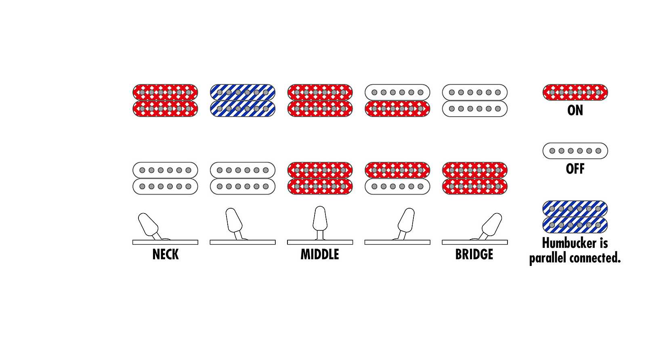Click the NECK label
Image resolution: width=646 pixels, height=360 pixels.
165,254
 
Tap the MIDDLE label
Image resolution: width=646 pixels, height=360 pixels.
320,254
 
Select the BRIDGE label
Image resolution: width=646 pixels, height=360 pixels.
474,254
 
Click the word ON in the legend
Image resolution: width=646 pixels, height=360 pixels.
575,111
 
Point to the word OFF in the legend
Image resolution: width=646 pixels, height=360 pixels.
575,169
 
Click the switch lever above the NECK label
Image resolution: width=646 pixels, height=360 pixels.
149,226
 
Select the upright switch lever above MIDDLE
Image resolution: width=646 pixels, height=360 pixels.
320,222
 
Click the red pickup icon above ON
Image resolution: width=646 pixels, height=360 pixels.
575,92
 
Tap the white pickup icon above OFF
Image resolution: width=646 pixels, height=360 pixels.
575,151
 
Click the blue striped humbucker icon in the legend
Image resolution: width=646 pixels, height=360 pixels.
575,217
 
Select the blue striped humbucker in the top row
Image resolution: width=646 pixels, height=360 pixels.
243,100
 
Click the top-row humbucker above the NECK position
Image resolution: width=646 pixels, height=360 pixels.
165,100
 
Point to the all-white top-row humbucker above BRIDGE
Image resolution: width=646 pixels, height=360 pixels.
475,100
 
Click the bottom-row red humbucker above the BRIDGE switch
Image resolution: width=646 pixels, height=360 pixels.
475,178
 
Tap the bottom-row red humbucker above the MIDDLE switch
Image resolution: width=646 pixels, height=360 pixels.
320,178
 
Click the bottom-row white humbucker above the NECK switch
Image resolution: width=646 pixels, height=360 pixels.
165,178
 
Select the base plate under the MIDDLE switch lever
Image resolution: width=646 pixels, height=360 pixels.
320,242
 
